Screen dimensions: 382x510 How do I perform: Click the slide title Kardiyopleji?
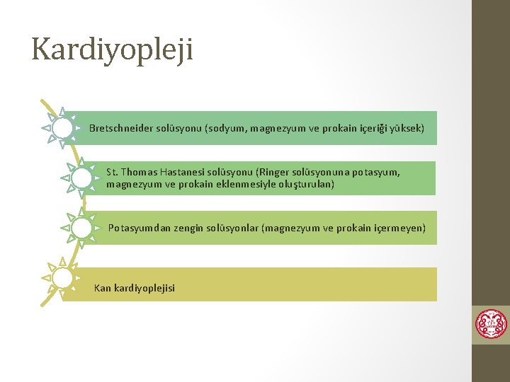pyautogui.click(x=112, y=50)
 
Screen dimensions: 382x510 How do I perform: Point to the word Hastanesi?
pyautogui.click(x=178, y=172)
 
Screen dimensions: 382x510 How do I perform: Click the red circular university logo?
pyautogui.click(x=491, y=324)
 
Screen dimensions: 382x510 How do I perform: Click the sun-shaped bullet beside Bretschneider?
pyautogui.click(x=62, y=128)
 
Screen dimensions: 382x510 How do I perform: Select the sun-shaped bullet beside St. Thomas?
pyautogui.click(x=81, y=177)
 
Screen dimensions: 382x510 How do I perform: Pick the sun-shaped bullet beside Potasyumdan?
pyautogui.click(x=81, y=228)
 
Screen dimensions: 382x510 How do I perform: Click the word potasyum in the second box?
pyautogui.click(x=375, y=172)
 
